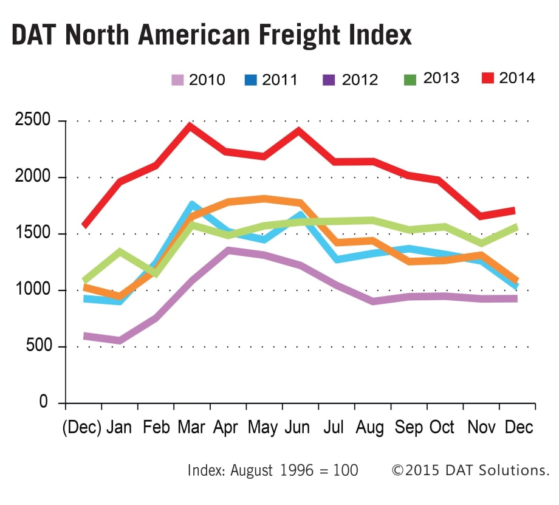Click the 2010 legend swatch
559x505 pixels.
tap(178, 80)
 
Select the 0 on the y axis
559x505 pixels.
tap(44, 403)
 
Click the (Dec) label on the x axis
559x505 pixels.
tap(81, 427)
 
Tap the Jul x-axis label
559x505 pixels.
tap(335, 427)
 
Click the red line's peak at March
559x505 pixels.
tap(190, 126)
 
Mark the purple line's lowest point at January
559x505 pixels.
tap(120, 340)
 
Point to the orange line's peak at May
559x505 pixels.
tap(263, 198)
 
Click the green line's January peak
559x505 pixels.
tap(120, 251)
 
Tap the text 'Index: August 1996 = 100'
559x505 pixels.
tap(273, 470)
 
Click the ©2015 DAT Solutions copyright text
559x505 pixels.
tap(470, 470)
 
